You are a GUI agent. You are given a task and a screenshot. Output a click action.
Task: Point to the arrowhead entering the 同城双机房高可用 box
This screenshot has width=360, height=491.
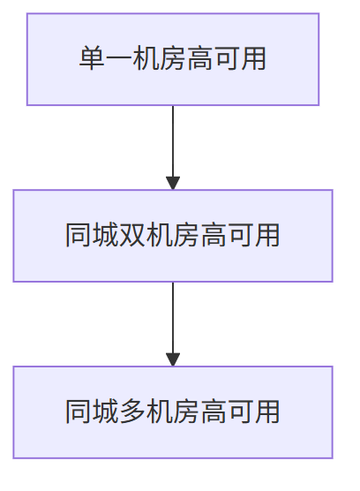point(173,183)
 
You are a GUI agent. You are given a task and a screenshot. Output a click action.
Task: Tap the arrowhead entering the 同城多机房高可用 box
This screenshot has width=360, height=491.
point(173,359)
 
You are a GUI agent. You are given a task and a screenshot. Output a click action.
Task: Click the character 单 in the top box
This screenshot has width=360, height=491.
point(93,59)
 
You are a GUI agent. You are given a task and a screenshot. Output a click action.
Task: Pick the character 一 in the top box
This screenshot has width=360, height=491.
point(119,59)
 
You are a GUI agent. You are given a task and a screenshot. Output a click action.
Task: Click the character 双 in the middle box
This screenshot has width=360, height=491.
point(131,236)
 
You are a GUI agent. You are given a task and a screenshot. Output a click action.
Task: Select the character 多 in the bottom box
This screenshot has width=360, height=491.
point(131,412)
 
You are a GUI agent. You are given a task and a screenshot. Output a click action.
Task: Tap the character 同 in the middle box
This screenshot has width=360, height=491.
point(79,236)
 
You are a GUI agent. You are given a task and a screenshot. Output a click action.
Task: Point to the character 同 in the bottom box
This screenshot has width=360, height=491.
point(79,412)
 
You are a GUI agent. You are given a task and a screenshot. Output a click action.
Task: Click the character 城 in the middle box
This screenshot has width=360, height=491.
point(105,236)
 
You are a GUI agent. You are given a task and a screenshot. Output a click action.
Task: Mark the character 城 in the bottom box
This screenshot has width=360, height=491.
point(105,412)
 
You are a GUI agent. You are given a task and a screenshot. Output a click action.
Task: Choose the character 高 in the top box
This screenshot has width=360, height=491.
point(199,59)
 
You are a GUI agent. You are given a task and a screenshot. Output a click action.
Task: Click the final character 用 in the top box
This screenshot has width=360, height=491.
point(253,59)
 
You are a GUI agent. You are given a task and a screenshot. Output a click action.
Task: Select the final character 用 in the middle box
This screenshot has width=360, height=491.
point(267,236)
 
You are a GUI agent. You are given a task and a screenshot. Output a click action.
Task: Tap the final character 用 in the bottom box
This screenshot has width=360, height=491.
point(267,412)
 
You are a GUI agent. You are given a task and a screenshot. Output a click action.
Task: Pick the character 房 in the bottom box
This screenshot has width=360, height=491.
point(186,412)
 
